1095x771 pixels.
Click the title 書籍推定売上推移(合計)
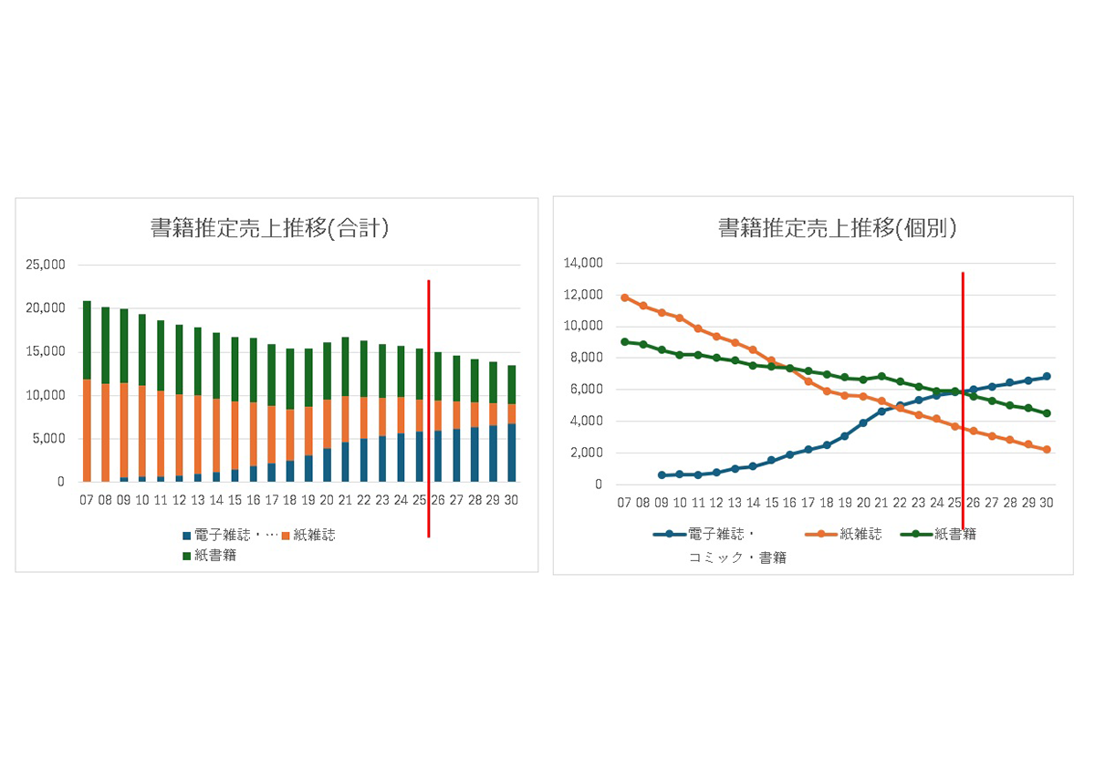(270, 229)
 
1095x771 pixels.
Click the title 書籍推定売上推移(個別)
(837, 228)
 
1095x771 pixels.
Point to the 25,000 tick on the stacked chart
(47, 265)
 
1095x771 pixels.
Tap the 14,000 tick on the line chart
(585, 263)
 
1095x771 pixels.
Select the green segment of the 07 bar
(87, 340)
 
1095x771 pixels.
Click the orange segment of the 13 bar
(198, 434)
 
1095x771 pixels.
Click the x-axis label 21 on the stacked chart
(345, 500)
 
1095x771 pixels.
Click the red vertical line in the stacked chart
(429, 411)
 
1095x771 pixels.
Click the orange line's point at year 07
(624, 297)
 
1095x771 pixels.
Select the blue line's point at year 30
(1047, 377)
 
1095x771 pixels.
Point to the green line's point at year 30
(1047, 413)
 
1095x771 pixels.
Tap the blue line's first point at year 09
(662, 475)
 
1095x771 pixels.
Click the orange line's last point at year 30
(1047, 450)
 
